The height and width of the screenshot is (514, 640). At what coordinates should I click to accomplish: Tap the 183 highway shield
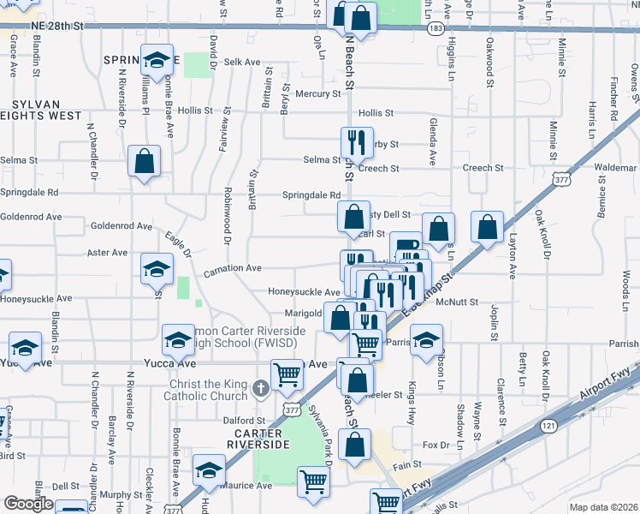click(x=436, y=28)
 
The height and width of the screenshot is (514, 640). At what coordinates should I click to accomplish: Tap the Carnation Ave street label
click(x=232, y=269)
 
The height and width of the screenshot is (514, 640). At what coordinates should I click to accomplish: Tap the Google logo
click(x=28, y=504)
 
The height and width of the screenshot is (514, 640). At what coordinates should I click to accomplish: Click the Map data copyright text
click(x=604, y=507)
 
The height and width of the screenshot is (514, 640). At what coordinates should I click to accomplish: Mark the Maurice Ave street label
click(x=247, y=485)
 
